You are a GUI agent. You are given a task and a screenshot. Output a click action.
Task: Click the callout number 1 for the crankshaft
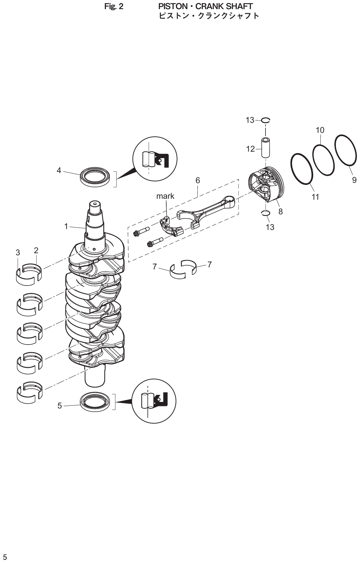pyautogui.click(x=66, y=226)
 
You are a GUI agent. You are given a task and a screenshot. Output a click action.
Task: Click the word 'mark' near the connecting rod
pyautogui.click(x=165, y=196)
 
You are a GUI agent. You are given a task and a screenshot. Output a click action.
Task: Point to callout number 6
pyautogui.click(x=198, y=180)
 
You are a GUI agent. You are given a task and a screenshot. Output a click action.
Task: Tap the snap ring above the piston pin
pyautogui.click(x=266, y=120)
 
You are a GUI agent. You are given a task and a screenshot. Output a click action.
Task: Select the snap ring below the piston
pyautogui.click(x=266, y=213)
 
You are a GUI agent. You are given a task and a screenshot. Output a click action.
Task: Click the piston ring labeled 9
pyautogui.click(x=345, y=150)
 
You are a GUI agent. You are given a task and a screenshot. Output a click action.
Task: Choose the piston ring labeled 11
pyautogui.click(x=302, y=169)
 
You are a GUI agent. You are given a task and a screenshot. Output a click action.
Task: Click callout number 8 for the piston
pyautogui.click(x=280, y=211)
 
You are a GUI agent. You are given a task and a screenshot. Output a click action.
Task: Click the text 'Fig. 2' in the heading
pyautogui.click(x=114, y=6)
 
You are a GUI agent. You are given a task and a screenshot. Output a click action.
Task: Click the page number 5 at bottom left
pyautogui.click(x=5, y=557)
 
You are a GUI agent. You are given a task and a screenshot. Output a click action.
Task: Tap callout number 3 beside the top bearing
pyautogui.click(x=18, y=252)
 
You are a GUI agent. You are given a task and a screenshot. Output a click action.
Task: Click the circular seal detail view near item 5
pyautogui.click(x=154, y=401)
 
